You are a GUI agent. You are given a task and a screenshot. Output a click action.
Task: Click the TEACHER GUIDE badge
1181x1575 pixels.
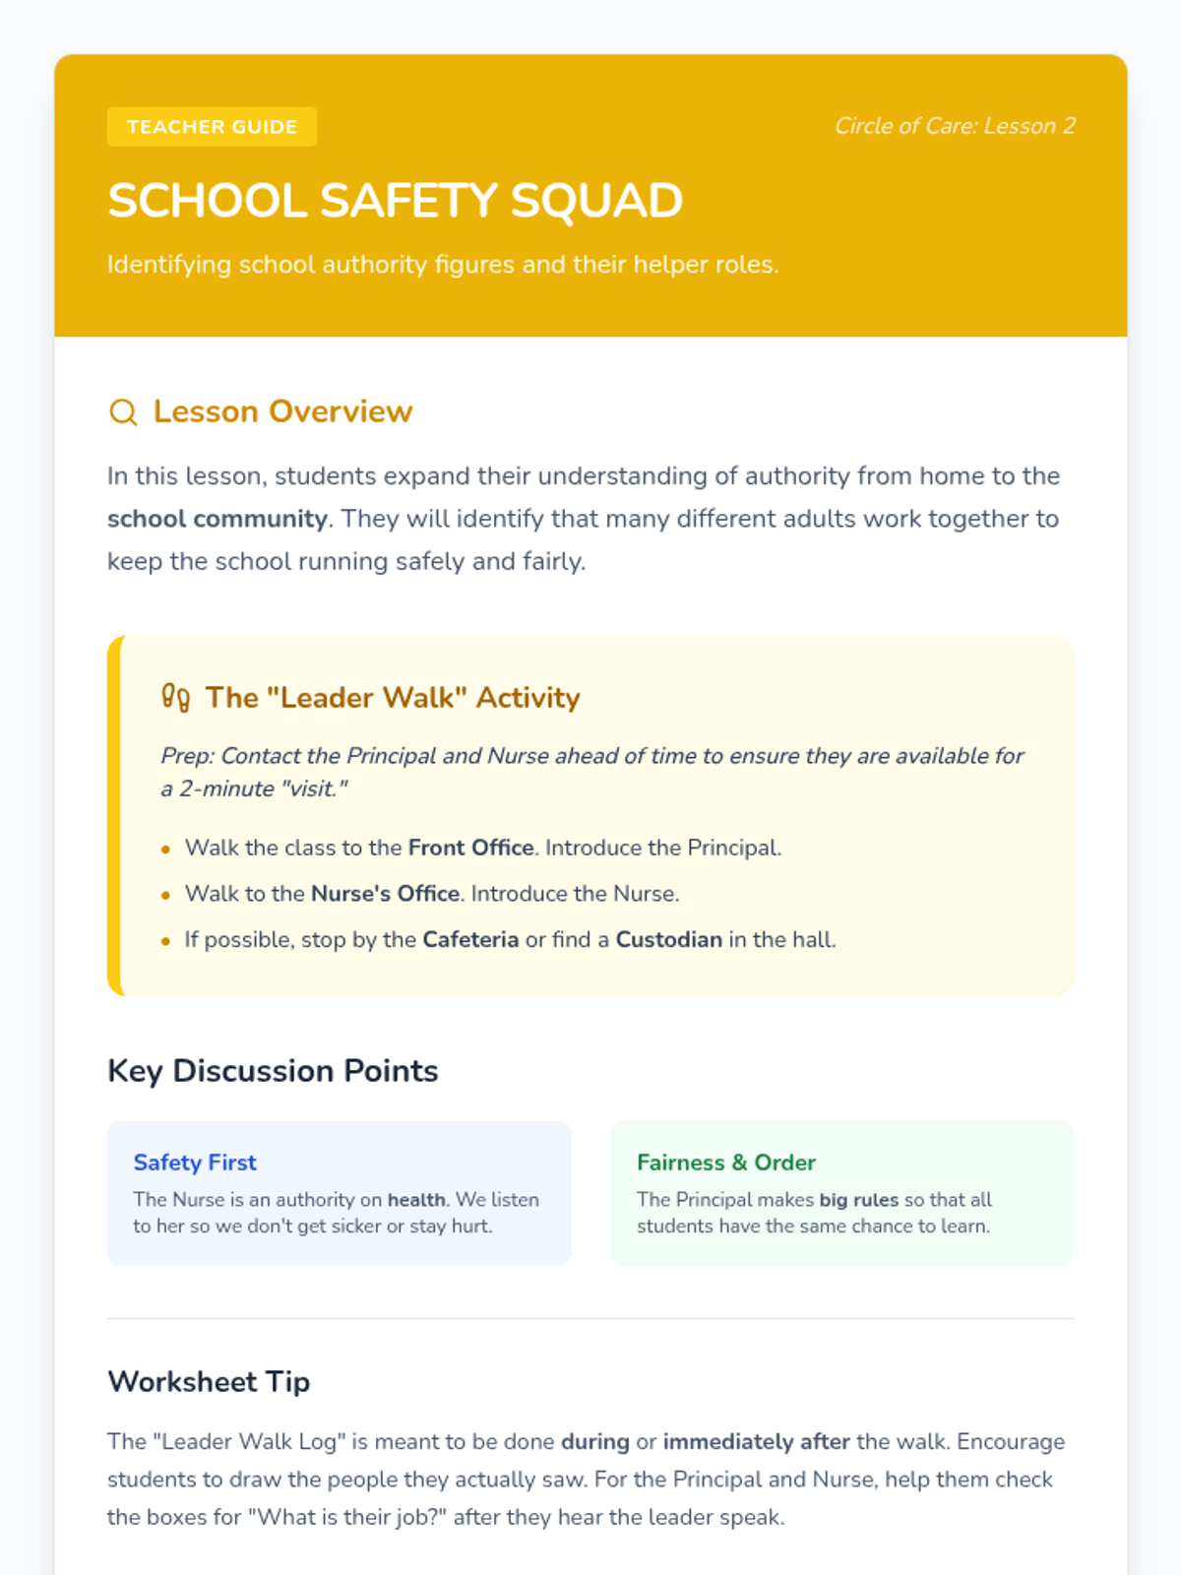(212, 127)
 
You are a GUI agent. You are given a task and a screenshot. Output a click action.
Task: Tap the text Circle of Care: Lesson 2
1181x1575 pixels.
(955, 126)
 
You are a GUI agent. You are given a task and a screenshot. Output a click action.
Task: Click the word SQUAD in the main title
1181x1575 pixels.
(596, 201)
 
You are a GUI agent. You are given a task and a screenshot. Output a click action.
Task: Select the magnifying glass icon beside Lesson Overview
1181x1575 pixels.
(123, 411)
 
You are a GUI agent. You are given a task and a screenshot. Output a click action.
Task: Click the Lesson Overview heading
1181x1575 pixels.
(282, 411)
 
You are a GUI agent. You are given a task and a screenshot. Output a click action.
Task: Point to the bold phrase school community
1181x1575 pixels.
(217, 519)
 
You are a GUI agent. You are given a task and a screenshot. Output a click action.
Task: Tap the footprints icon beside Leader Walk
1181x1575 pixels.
(175, 697)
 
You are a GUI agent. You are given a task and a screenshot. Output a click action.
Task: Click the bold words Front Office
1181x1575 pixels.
(470, 848)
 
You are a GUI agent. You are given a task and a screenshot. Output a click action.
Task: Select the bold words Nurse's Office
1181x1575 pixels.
(385, 894)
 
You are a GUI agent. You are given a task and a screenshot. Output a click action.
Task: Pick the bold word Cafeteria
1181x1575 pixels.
(470, 940)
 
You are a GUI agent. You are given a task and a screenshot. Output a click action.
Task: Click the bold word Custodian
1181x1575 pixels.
(668, 940)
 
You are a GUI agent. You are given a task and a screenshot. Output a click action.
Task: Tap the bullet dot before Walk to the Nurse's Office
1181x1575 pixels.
(165, 895)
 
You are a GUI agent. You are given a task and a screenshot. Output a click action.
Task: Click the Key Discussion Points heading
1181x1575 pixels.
(273, 1071)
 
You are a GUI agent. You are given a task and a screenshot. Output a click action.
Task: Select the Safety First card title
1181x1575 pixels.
(195, 1163)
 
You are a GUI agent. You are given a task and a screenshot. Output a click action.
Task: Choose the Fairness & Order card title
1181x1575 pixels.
(725, 1163)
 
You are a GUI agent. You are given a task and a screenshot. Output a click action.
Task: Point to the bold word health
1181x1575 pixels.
(416, 1200)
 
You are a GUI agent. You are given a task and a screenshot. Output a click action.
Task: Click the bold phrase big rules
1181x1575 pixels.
(858, 1200)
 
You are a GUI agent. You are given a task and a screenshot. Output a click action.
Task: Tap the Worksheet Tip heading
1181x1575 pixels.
(209, 1382)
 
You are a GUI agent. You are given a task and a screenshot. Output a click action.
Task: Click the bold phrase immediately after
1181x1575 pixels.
(756, 1442)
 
